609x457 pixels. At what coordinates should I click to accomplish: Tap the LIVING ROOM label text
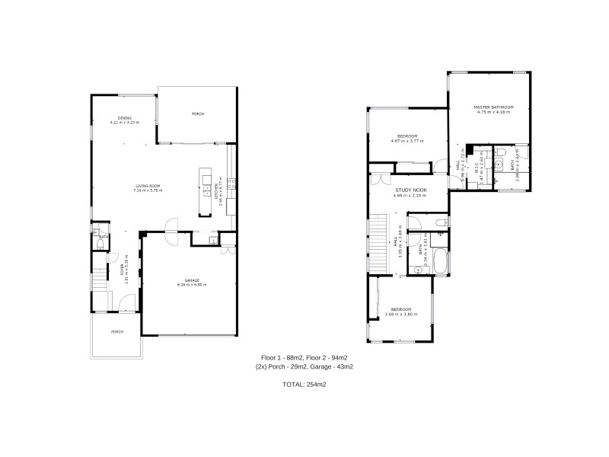coord(147,186)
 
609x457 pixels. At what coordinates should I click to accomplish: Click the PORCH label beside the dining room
coord(197,113)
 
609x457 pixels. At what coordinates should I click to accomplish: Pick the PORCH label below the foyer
coord(117,331)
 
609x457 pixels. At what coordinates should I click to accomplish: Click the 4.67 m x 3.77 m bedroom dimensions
coord(408,140)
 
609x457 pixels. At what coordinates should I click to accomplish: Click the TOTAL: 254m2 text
coord(304,385)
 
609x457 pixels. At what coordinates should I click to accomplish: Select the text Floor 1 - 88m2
coord(281,357)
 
